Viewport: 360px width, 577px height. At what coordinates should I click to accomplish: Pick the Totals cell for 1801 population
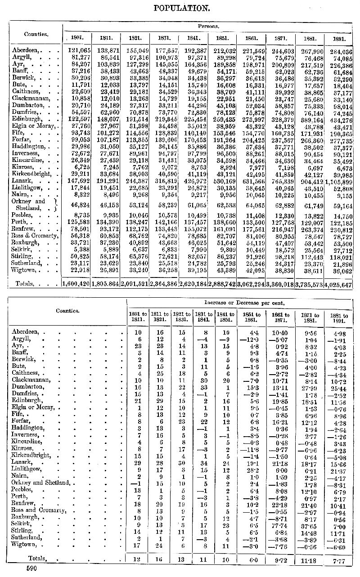click(x=76, y=284)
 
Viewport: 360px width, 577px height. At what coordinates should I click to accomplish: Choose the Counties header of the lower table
click(x=67, y=310)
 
